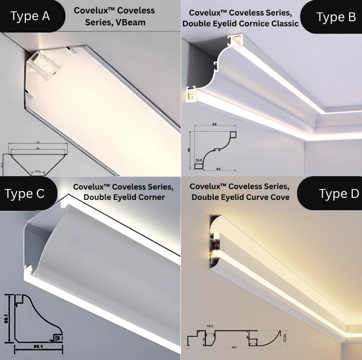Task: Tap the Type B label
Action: [336, 17]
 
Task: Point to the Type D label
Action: [339, 194]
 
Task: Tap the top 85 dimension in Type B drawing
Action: [214, 124]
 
